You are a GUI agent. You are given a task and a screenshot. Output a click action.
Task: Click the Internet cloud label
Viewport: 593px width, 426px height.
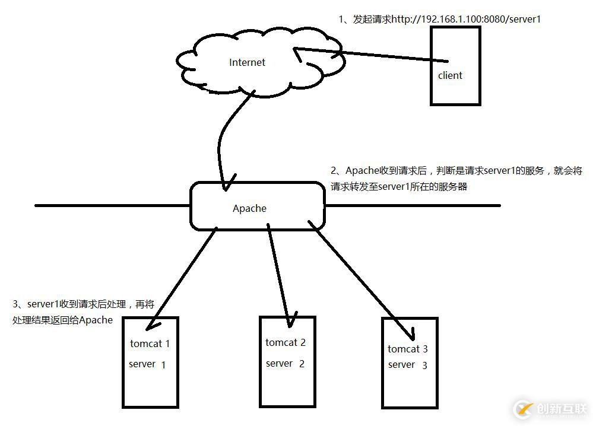pyautogui.click(x=247, y=62)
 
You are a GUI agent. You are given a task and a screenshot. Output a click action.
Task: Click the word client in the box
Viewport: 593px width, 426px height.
pyautogui.click(x=450, y=75)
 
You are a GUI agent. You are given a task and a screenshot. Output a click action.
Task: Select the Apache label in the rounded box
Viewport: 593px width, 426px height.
pyautogui.click(x=249, y=208)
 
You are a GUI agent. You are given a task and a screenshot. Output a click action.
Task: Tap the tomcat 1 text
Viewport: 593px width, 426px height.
pyautogui.click(x=150, y=343)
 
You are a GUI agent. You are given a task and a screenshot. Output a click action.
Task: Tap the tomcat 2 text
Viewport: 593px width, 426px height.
pyautogui.click(x=286, y=342)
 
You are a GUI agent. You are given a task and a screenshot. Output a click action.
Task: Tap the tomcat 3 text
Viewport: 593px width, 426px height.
pyautogui.click(x=408, y=349)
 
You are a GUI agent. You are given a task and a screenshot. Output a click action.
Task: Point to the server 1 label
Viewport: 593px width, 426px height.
pyautogui.click(x=147, y=364)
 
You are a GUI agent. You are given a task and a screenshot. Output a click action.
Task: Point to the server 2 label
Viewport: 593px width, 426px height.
pyautogui.click(x=285, y=363)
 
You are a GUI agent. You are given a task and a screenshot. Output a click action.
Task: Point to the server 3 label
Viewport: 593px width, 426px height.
pyautogui.click(x=408, y=365)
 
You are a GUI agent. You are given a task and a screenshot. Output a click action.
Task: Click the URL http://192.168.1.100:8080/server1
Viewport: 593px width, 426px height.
pyautogui.click(x=466, y=19)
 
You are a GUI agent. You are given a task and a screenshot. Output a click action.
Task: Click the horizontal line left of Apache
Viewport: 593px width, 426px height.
pyautogui.click(x=113, y=206)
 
